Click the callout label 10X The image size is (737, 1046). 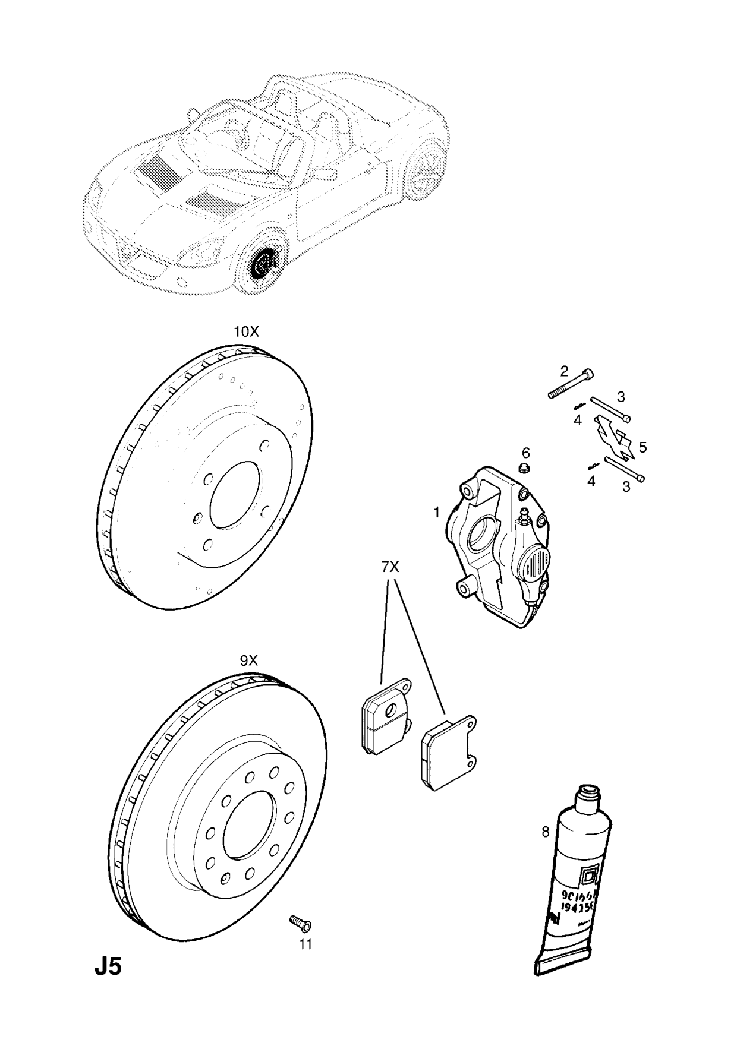pos(246,332)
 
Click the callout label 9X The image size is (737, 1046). pos(249,660)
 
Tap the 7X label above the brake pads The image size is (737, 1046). pos(390,567)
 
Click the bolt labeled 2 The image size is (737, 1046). pos(569,385)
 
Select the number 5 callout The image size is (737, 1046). pos(642,447)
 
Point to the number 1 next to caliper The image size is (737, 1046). pos(436,512)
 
